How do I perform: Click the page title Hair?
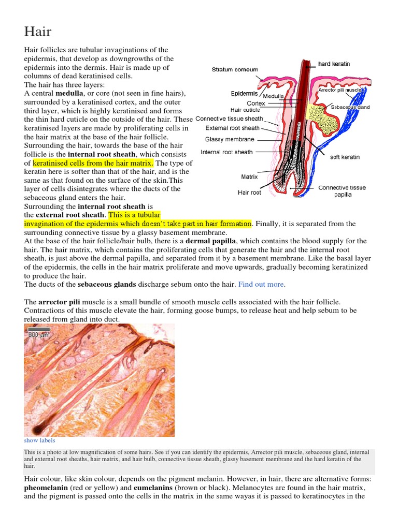38,31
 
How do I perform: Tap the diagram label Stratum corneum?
235,69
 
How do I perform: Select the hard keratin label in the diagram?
334,64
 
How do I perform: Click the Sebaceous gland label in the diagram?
350,107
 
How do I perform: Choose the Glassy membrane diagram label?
230,139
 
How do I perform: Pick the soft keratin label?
345,157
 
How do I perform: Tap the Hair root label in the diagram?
249,193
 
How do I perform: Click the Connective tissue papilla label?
342,191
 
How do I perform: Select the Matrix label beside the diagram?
249,176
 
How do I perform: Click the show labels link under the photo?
39,440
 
